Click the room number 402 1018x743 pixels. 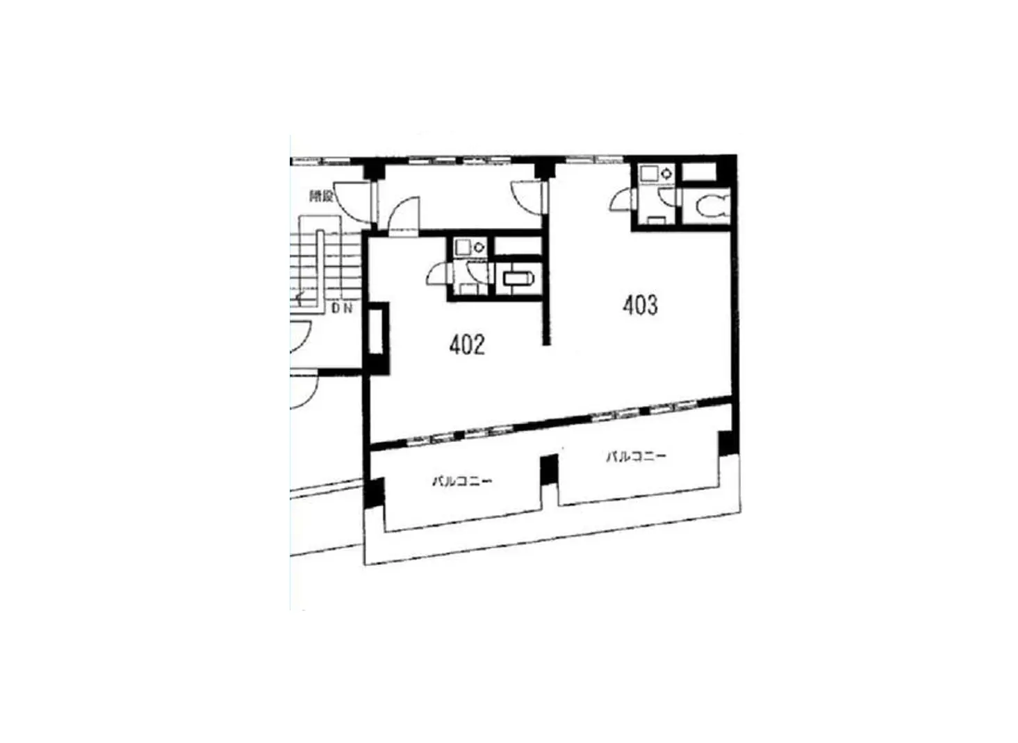[466, 345]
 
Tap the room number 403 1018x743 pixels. [640, 304]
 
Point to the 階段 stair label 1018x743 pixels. [321, 197]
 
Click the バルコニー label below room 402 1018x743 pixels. [462, 480]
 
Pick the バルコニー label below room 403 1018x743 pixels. [636, 457]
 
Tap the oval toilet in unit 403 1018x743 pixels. [711, 206]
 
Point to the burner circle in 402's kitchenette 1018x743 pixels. [479, 247]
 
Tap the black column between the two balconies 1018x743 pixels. [549, 470]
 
